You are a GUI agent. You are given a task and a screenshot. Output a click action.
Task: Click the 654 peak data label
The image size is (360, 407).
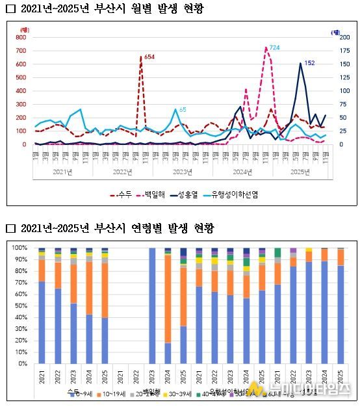149,58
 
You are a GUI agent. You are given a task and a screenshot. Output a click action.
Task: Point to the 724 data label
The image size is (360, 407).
274,48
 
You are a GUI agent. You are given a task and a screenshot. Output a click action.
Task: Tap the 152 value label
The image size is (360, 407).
309,63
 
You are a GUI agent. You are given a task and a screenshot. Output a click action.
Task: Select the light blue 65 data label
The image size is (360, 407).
183,109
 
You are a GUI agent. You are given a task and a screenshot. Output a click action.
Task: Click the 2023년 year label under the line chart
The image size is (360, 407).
183,172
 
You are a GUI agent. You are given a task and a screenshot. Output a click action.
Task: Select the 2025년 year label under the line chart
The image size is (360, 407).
300,172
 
